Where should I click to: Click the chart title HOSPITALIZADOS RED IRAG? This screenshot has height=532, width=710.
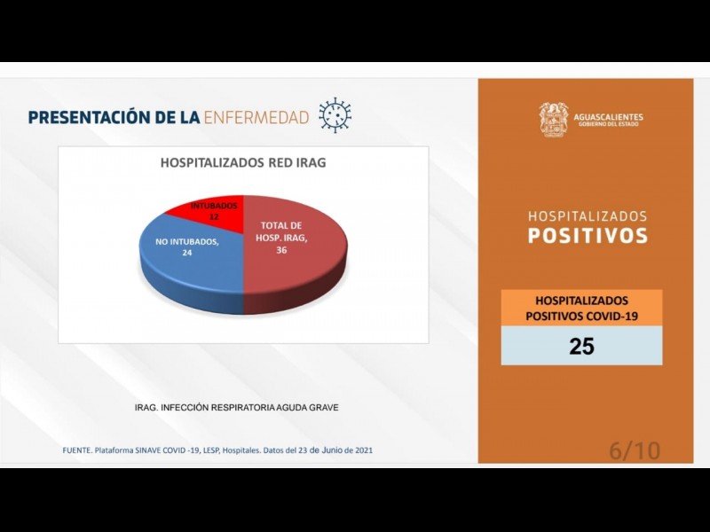point(242,163)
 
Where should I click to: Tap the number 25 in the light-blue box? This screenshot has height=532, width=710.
point(581,346)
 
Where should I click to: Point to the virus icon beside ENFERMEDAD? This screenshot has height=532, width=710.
point(335,115)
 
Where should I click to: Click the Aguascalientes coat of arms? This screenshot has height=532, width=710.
point(553,120)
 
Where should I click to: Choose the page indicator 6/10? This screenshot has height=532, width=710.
point(635,450)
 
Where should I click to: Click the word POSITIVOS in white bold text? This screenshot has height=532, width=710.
point(588,236)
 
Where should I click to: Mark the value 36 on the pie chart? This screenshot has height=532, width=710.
point(281,250)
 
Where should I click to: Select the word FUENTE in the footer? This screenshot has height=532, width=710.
point(76,450)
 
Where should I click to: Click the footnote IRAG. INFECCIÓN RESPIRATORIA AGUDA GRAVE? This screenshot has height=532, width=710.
point(236,407)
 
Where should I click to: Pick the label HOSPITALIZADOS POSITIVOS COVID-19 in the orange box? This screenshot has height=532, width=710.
point(581,308)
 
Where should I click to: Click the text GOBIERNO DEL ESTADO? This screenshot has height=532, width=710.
point(610,125)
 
